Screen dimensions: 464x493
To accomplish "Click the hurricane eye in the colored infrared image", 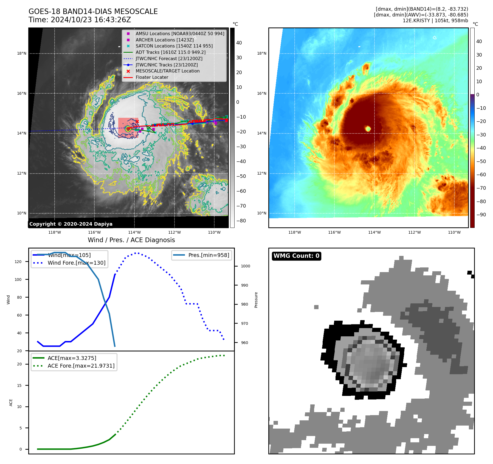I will point(368,128).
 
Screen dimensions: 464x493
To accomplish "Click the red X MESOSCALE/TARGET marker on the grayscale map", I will point(137,121).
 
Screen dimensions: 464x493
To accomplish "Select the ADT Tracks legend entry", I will point(170,52).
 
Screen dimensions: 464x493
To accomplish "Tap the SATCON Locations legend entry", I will point(174,46).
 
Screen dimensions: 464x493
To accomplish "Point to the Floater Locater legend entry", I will point(152,77).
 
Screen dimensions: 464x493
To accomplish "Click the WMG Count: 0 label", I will point(296,256).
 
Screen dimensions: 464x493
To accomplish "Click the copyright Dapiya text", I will point(71,224).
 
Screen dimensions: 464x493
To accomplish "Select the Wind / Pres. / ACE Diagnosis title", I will point(131,240).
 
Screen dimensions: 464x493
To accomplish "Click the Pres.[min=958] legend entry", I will point(209,255).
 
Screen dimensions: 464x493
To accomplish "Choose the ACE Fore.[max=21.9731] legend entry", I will point(81,366).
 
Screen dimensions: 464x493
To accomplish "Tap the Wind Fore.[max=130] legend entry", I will point(76,263).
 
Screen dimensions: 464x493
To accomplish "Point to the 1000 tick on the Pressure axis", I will point(245,266).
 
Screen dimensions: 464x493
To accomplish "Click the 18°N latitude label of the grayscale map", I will point(22,53).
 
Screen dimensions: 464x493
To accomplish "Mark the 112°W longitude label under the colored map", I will point(414,232).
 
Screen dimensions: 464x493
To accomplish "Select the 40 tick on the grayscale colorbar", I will point(239,43).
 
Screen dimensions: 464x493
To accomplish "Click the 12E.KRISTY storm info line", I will point(435,21).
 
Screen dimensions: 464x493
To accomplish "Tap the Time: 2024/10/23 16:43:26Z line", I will point(80,20).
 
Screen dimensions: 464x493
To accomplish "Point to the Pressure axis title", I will point(256,300).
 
